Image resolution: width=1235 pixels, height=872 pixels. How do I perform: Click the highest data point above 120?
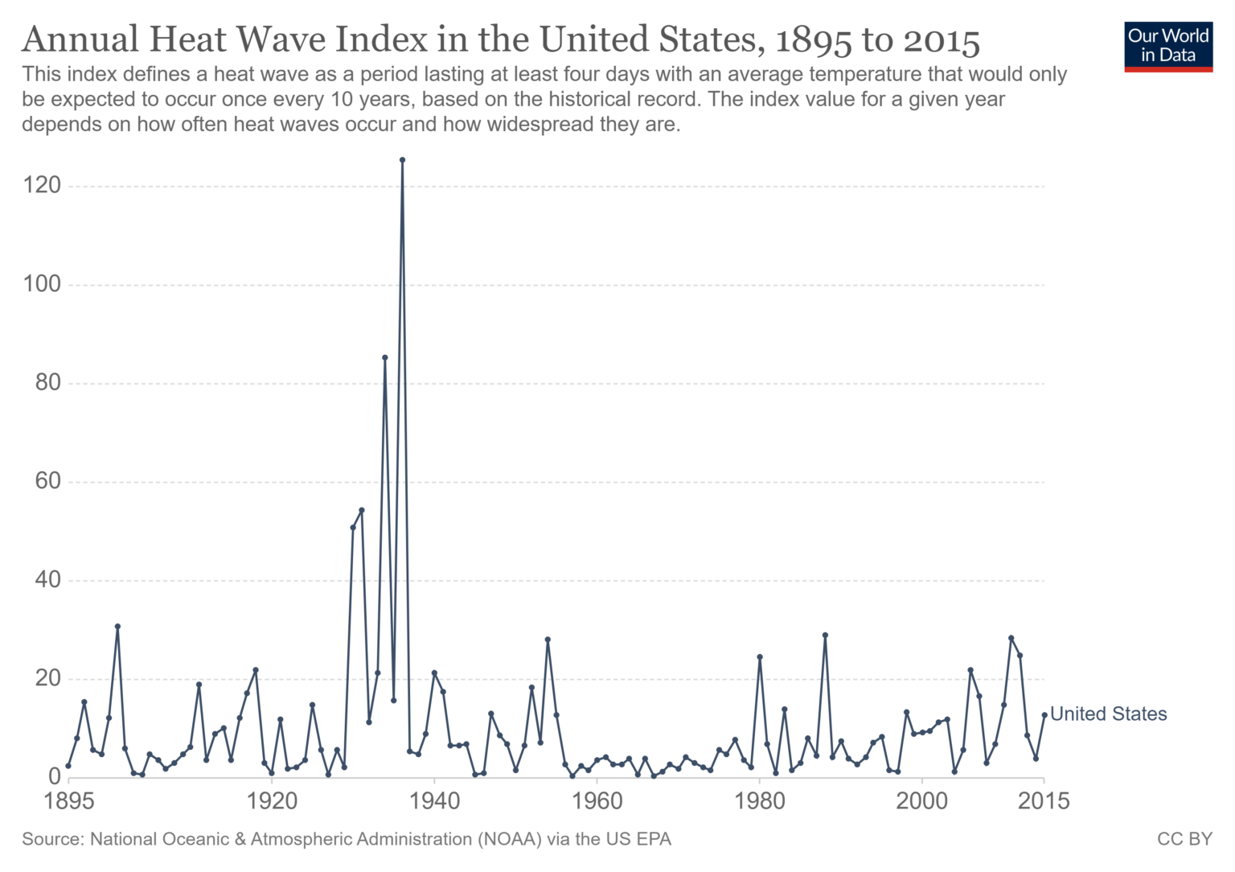point(402,160)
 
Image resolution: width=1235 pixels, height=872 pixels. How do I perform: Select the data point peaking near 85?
point(385,357)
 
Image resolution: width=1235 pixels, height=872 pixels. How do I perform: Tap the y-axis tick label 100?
point(42,284)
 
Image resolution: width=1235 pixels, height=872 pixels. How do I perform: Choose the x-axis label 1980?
point(759,801)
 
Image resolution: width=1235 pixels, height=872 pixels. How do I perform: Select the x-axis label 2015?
point(1044,801)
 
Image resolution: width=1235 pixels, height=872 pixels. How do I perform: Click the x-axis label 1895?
point(69,801)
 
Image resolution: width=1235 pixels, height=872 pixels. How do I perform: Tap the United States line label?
point(1108,714)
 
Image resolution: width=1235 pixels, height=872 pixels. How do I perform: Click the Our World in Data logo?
point(1167,46)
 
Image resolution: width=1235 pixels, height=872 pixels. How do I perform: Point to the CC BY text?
point(1184,839)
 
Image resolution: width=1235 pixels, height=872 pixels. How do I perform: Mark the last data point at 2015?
point(1044,714)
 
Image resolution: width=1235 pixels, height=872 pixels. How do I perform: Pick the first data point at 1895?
point(68,766)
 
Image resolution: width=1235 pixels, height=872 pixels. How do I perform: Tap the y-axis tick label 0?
point(54,777)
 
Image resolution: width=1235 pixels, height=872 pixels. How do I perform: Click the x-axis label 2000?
point(921,801)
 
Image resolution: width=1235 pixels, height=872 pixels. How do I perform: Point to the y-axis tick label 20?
point(47,678)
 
